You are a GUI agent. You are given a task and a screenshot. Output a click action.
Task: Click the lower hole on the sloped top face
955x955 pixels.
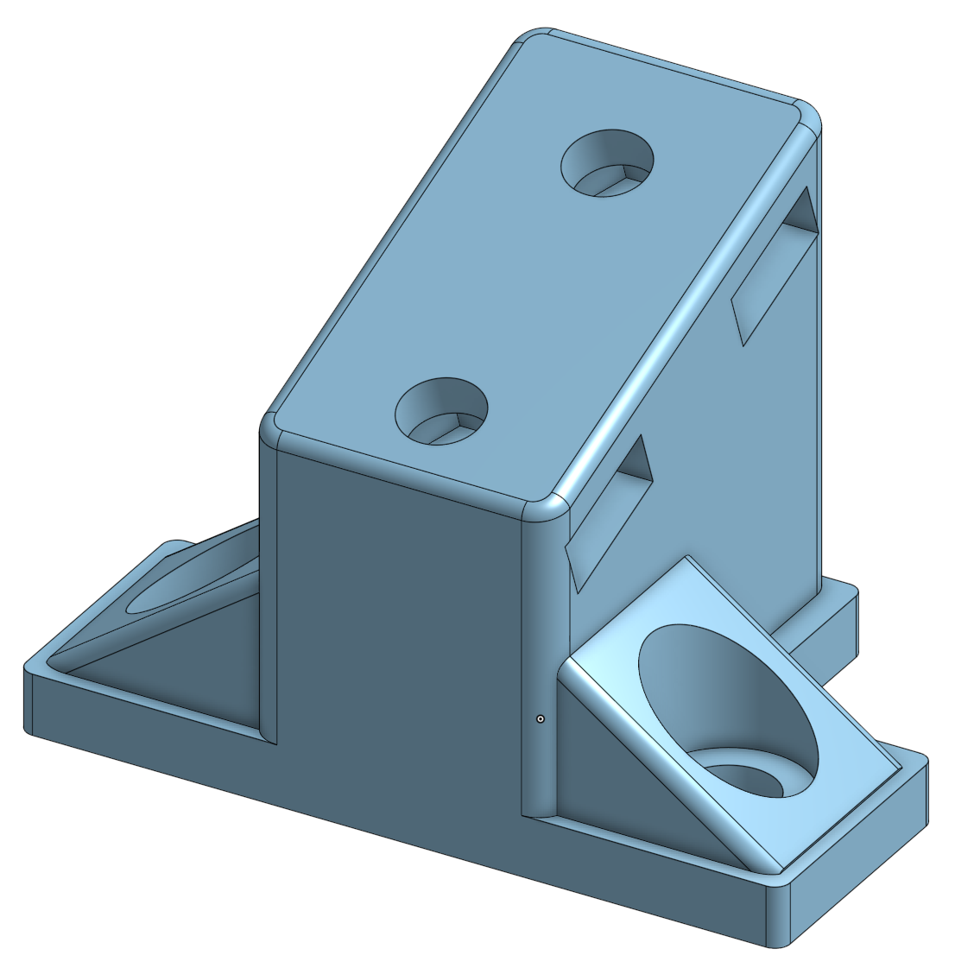tap(441, 411)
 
